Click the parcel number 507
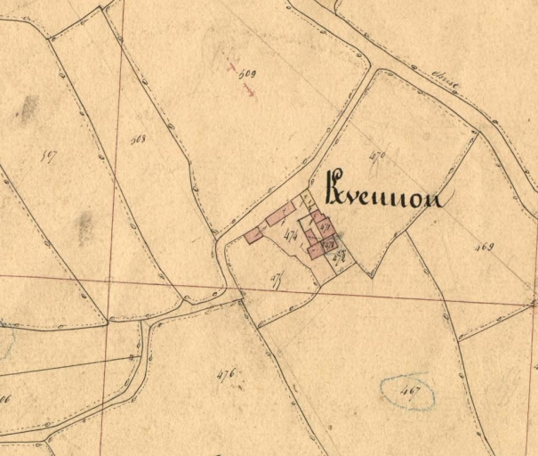pos(49,155)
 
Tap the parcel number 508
pos(138,139)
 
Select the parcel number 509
pos(248,74)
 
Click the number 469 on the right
pos(484,247)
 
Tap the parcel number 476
pos(225,374)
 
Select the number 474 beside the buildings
pos(290,236)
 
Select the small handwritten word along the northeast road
pos(441,84)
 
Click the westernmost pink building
pos(255,234)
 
